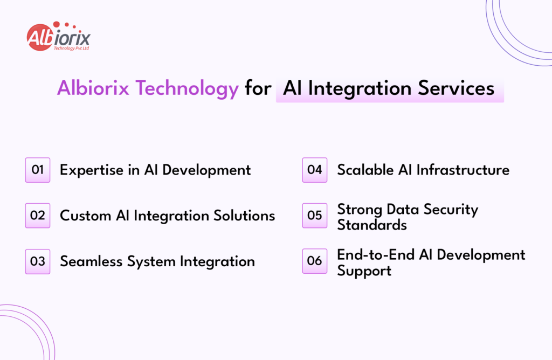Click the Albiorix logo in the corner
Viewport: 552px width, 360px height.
coord(58,38)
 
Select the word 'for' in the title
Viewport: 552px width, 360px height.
coord(257,88)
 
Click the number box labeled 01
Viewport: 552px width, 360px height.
coord(38,170)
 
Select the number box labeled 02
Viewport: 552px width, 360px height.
coord(38,216)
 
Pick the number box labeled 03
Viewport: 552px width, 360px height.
coord(38,261)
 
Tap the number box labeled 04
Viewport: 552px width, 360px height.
coord(314,170)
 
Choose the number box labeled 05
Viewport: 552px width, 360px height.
coord(314,216)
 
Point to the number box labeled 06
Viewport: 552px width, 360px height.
coord(314,261)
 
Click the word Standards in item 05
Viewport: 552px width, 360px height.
coord(372,225)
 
